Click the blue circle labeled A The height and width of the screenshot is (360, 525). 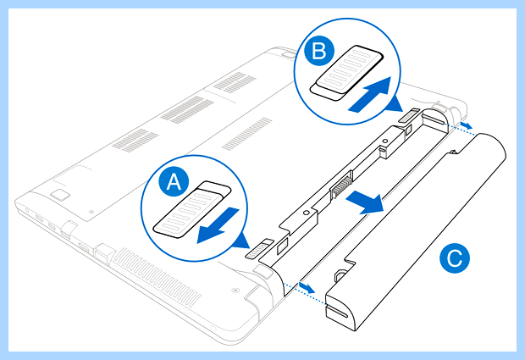tap(174, 181)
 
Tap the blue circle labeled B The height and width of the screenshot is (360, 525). tap(319, 51)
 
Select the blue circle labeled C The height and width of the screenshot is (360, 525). tap(455, 258)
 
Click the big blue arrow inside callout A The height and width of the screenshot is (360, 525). tap(218, 225)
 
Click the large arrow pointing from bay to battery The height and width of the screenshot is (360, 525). tap(365, 202)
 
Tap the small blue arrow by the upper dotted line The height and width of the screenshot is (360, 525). tap(466, 125)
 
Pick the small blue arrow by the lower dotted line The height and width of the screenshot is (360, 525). tap(307, 287)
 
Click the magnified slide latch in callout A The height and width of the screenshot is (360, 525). tap(192, 209)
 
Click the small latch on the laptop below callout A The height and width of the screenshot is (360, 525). tap(260, 249)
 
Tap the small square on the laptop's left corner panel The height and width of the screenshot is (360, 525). tap(59, 194)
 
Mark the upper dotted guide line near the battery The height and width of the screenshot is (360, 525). tap(461, 129)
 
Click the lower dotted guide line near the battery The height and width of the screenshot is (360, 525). tap(304, 293)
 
